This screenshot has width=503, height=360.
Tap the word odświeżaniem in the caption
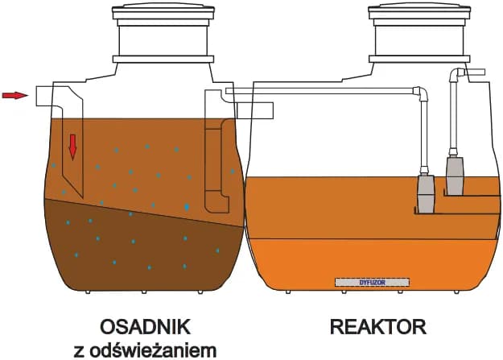[163, 350]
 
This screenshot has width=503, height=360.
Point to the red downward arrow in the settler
[72, 146]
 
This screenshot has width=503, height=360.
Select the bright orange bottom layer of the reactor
[370, 262]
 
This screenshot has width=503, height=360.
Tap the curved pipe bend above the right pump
[456, 75]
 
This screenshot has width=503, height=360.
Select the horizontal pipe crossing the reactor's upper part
[322, 91]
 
